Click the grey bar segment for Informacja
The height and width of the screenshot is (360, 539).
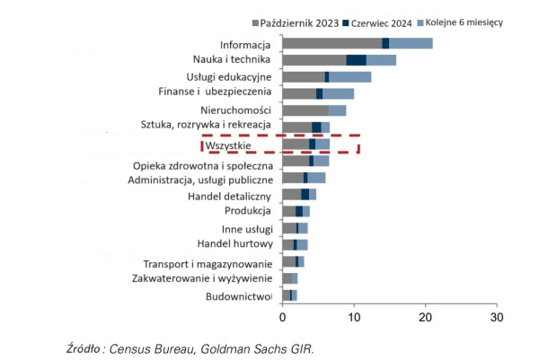coord(331,44)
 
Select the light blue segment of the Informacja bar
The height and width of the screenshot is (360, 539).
coord(411,44)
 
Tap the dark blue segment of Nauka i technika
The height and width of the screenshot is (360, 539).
coord(356,60)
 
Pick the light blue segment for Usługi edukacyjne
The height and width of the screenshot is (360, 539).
coord(349,77)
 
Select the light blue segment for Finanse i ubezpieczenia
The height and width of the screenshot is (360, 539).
coord(338,93)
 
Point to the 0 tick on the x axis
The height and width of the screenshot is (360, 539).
coord(283,317)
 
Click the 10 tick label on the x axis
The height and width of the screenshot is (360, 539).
coord(354,317)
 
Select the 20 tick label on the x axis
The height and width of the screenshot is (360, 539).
coord(425,317)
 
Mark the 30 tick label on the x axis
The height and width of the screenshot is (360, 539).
coord(496,317)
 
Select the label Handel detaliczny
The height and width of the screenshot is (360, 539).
coord(229,196)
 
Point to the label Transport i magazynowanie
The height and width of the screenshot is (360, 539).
coord(208,263)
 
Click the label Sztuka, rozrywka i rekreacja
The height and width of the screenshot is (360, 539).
coord(206,125)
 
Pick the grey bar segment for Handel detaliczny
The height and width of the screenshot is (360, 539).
coord(291,194)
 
